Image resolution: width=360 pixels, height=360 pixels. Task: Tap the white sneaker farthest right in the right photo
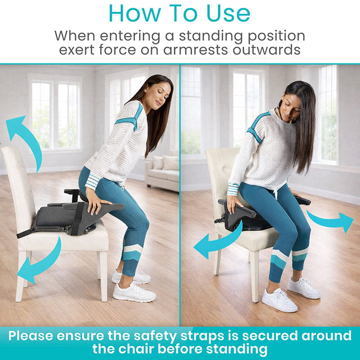coord(303,288)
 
